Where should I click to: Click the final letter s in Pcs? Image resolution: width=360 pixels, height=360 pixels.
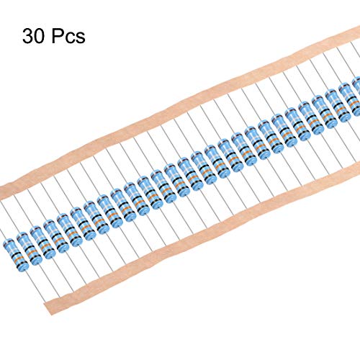(81, 38)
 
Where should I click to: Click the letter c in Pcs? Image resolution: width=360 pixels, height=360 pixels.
(71, 38)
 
